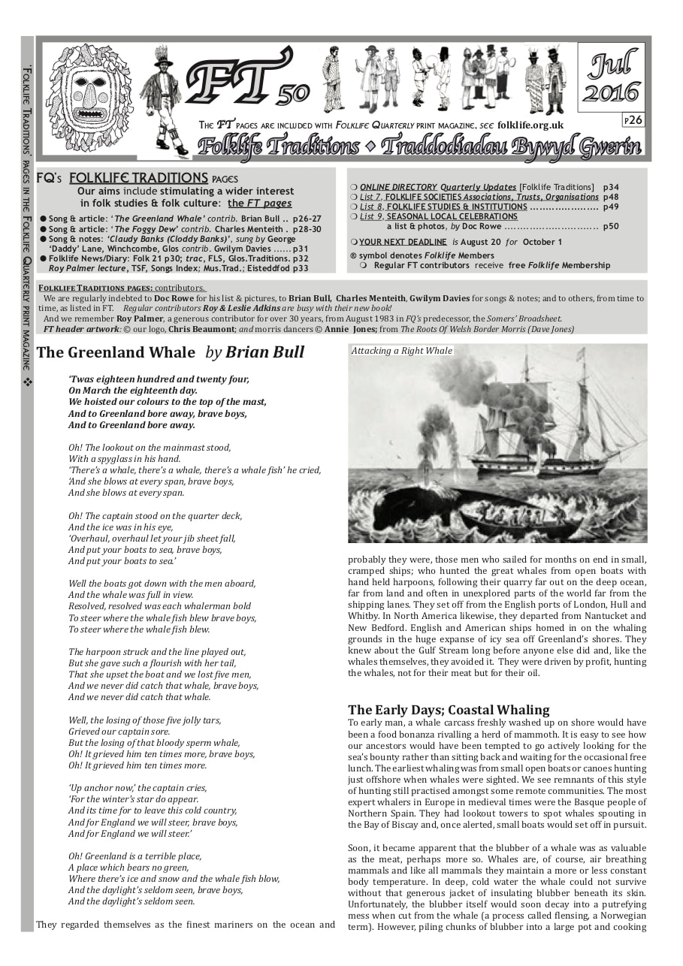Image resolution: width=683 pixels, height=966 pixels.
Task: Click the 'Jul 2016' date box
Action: tap(611, 77)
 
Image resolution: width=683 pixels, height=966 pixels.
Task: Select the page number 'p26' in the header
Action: tap(633, 120)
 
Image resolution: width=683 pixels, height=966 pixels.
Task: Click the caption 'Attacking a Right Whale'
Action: tap(402, 351)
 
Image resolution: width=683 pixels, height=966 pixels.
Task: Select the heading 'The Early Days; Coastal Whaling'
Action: tap(449, 710)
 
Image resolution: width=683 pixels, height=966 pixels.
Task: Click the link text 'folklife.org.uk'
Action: tap(530, 125)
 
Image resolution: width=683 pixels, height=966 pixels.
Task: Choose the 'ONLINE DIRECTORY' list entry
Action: tap(397, 187)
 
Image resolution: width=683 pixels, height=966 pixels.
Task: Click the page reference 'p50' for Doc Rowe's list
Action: tap(610, 226)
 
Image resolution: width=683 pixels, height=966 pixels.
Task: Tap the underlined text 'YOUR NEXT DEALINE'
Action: tap(402, 242)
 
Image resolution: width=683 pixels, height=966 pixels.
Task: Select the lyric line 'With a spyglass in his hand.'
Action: tap(124, 459)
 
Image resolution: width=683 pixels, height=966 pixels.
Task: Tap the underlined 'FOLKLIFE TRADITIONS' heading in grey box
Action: tap(138, 178)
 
